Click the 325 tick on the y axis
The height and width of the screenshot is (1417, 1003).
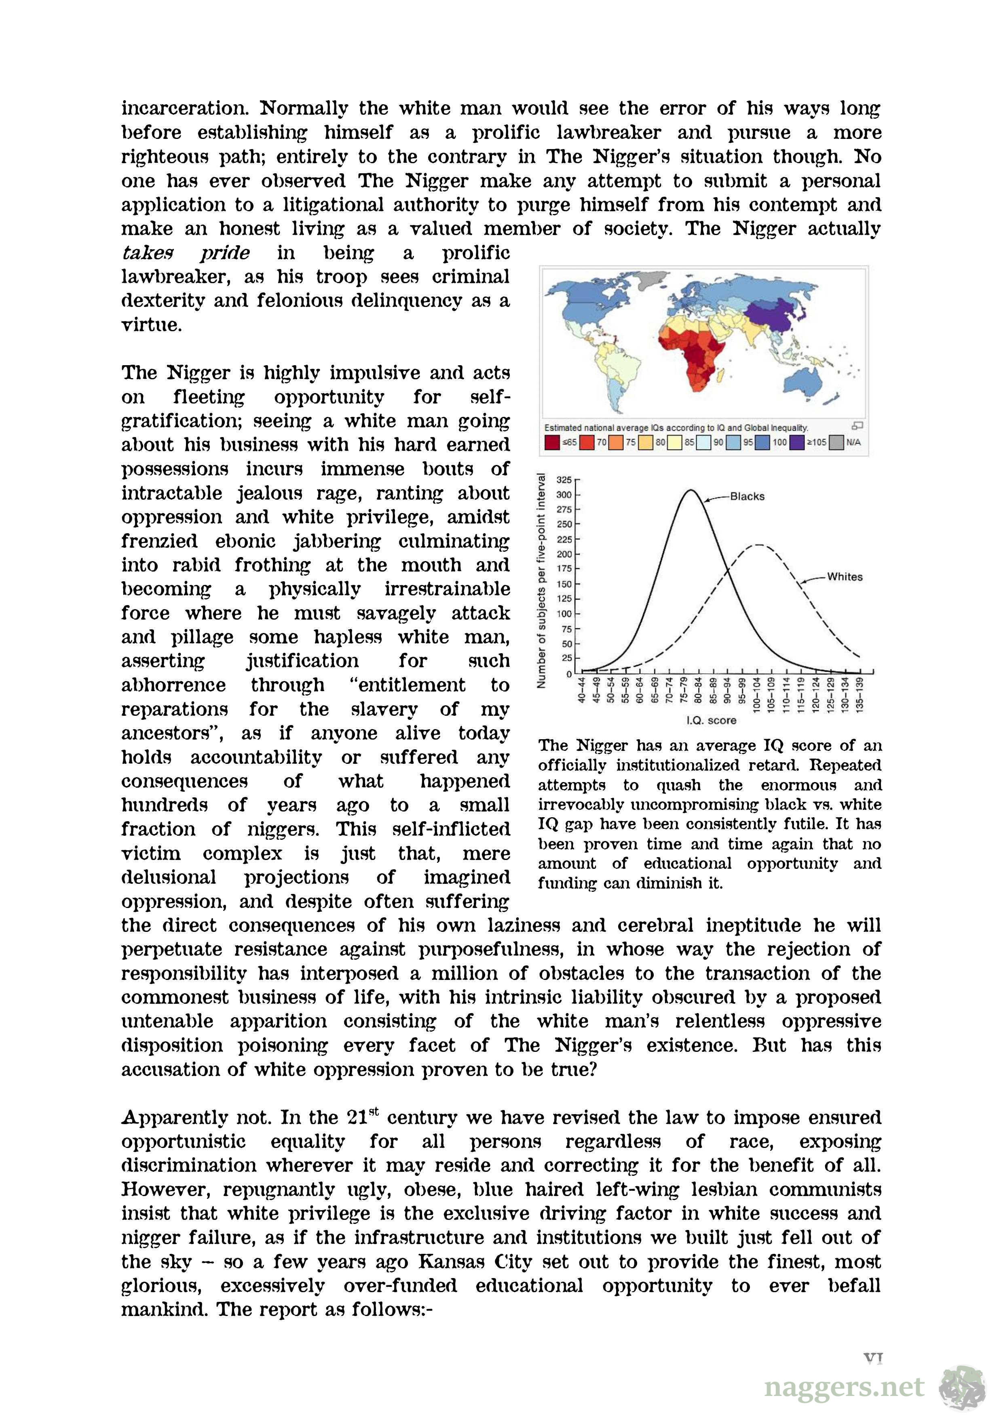pos(564,479)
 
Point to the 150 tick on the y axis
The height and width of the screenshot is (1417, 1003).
pos(564,584)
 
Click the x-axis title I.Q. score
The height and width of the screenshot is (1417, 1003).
pos(712,720)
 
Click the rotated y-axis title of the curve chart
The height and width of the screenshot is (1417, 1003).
pos(542,580)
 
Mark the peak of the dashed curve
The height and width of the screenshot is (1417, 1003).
pos(758,545)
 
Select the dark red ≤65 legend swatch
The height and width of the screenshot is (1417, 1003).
pos(551,442)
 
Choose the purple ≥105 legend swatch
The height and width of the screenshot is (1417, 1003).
pos(797,442)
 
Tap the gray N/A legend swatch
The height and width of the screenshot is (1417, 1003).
pos(837,442)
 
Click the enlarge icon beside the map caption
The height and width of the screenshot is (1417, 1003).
pos(857,425)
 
